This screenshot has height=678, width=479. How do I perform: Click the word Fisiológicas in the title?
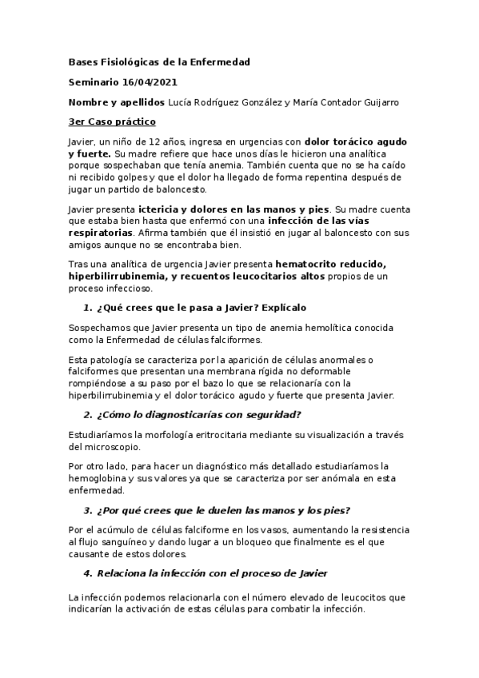point(133,62)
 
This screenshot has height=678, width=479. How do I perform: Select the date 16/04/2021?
point(148,82)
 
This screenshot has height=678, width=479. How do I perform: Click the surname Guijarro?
point(376,102)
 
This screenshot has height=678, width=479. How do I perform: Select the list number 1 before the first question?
point(87,307)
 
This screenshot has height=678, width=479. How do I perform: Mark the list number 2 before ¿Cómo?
point(87,414)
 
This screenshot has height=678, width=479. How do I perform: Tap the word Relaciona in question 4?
point(122,575)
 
